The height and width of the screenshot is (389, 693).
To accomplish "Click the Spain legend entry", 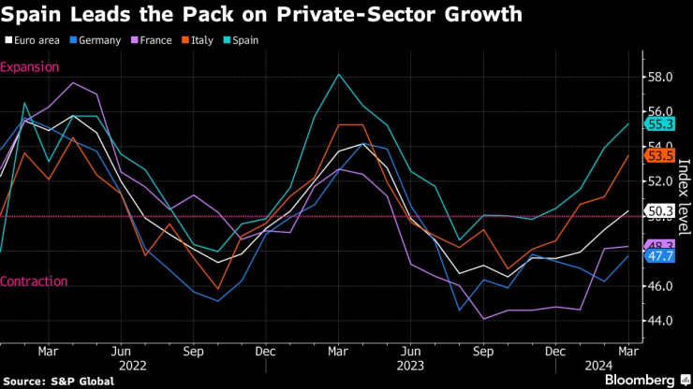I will click(242, 40).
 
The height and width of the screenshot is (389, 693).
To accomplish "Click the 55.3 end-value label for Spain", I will click(660, 123).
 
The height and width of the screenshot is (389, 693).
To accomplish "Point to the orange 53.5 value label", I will click(660, 155).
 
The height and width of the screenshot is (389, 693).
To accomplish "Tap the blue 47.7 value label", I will click(660, 256).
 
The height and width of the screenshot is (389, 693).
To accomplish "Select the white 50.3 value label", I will click(660, 211).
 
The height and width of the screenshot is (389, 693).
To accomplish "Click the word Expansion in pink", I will click(30, 67).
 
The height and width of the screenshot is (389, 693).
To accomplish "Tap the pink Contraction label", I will click(34, 281).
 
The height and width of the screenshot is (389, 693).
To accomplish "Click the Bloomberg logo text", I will click(636, 380).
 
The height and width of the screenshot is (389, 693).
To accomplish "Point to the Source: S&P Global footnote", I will click(59, 381).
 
